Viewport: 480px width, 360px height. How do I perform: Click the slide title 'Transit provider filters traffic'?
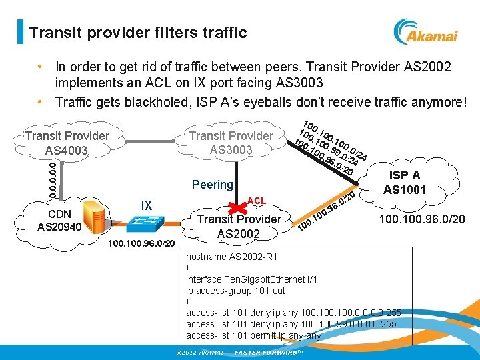pos(138,33)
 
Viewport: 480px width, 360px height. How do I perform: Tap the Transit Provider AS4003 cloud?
pos(67,143)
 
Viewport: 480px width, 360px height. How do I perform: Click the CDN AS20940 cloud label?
pos(60,221)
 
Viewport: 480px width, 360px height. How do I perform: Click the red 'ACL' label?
pos(257,201)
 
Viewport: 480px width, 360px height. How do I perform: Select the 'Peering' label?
pos(212,184)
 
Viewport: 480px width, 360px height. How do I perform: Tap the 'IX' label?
pos(147,205)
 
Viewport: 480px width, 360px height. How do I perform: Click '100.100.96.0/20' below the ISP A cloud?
pos(423,219)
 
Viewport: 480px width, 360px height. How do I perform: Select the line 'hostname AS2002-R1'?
pos(231,256)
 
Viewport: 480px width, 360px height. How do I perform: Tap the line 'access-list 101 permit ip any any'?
pos(253,335)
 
